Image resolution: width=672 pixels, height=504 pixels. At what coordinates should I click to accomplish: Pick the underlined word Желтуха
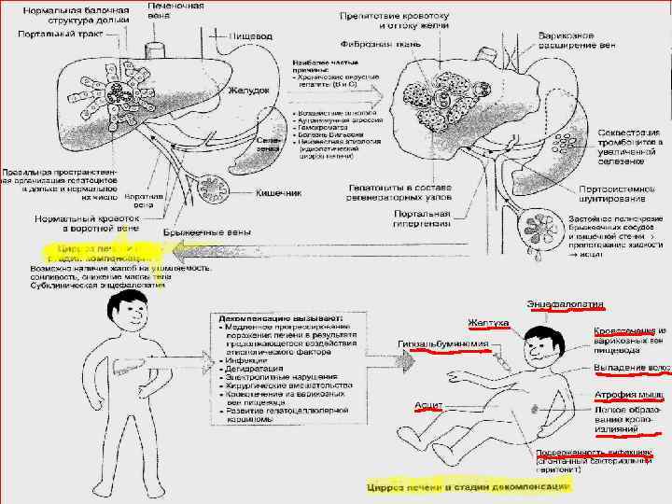pyautogui.click(x=488, y=323)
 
